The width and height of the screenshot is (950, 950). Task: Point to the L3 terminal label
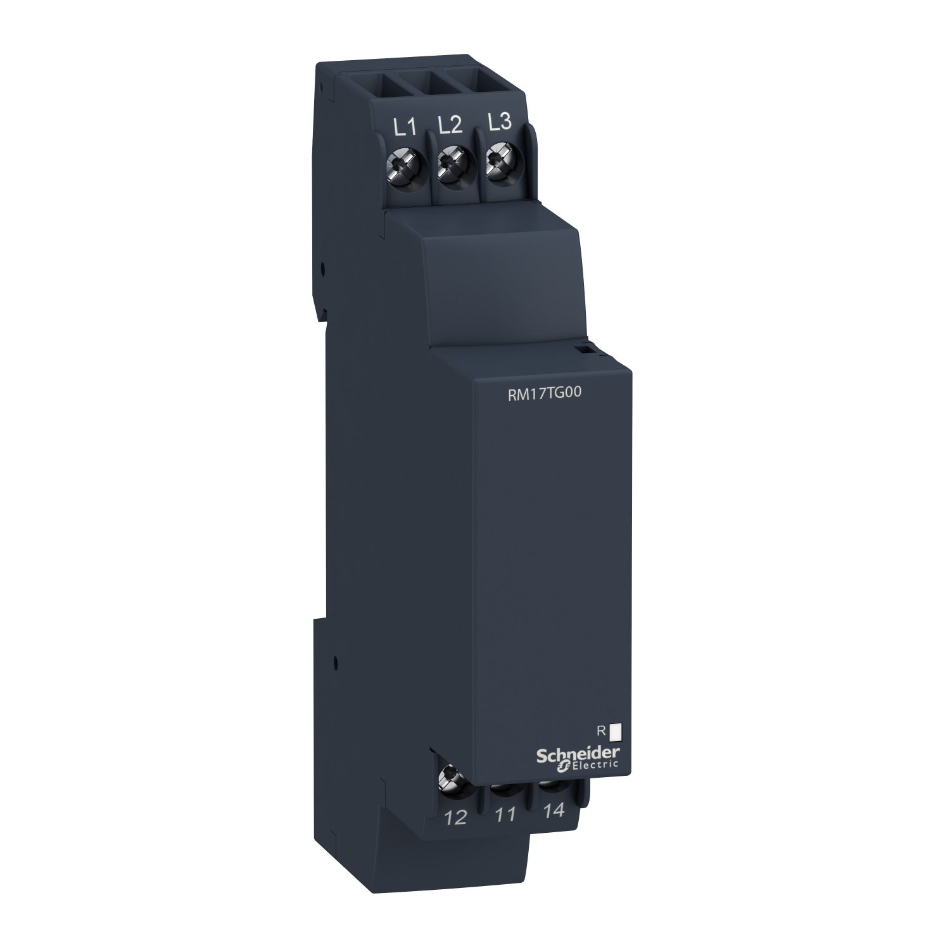pyautogui.click(x=500, y=123)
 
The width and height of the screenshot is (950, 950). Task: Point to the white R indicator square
pyautogui.click(x=616, y=732)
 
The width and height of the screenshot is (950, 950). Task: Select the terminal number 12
pyautogui.click(x=455, y=817)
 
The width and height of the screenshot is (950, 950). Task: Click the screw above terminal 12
pyautogui.click(x=452, y=774)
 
